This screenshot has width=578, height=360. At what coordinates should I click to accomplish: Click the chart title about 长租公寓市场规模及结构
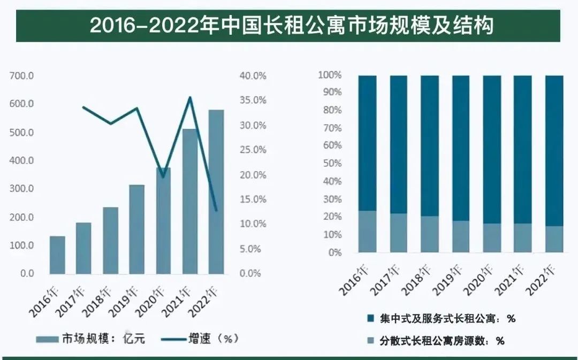[288, 25]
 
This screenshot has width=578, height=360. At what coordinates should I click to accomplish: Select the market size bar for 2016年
[57, 255]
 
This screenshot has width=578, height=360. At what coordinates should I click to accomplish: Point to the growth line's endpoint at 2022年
[216, 210]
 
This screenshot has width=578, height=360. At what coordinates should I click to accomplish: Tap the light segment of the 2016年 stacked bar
[367, 231]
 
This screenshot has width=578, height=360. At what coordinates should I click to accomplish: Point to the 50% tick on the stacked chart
[332, 163]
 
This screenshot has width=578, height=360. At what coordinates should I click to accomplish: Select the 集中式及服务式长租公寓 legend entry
[441, 319]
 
